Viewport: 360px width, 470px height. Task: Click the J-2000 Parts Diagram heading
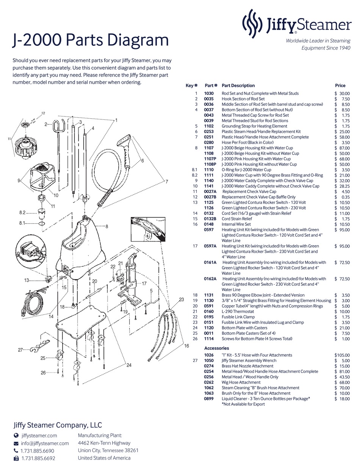pos(91,40)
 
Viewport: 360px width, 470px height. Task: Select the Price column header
pos(340,86)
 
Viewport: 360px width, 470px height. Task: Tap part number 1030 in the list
pos(209,93)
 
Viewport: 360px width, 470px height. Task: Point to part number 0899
pos(209,399)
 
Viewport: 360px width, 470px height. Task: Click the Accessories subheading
pos(216,348)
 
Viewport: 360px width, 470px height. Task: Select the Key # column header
pos(192,86)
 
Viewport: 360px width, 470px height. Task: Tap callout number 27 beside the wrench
pos(20,350)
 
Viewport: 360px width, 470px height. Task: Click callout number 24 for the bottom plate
pos(129,365)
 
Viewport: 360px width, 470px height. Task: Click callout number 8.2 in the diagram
pos(22,213)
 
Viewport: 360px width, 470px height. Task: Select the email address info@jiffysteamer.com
pos(45,443)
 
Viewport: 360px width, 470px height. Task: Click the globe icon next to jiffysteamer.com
pos(16,436)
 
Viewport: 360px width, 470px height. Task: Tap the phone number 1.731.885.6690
pos(38,451)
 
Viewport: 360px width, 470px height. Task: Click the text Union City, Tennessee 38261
pos(108,450)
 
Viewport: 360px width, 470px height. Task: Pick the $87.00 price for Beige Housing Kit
pos(342,148)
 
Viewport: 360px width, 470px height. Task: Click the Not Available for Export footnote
pos(243,404)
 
